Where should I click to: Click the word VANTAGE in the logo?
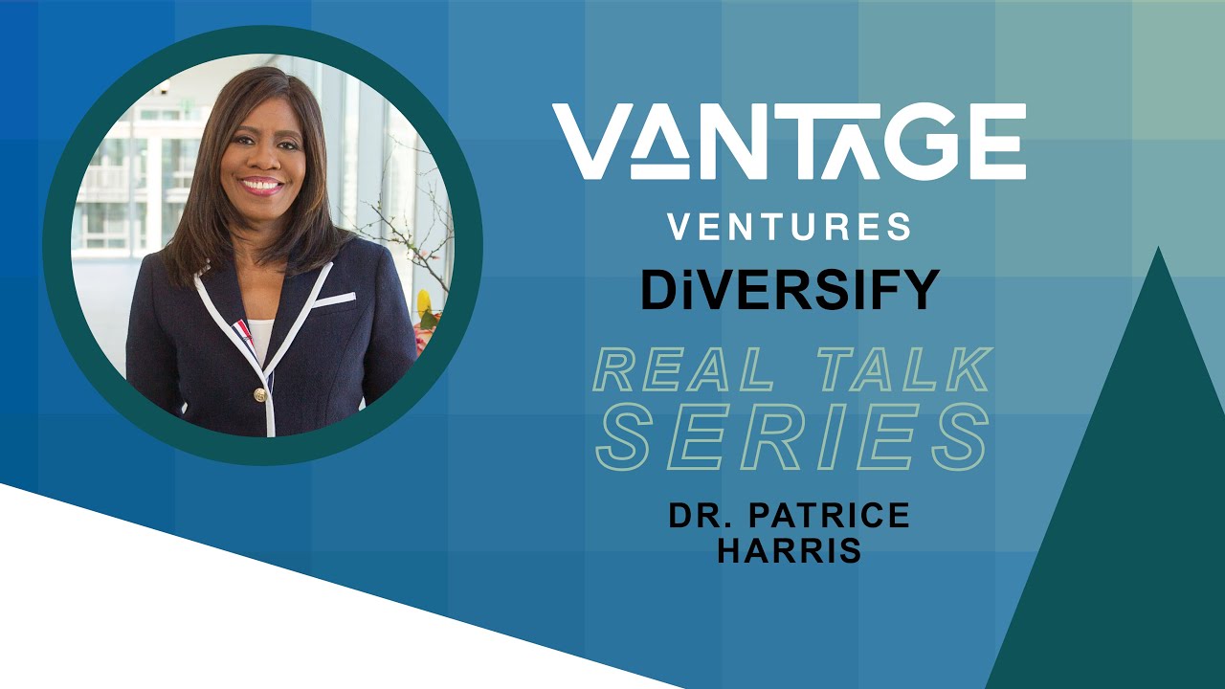coord(789,142)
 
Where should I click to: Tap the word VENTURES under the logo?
coord(789,227)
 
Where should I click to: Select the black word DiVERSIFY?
coord(790,290)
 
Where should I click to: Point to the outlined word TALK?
coord(894,371)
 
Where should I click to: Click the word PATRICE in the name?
coord(831,515)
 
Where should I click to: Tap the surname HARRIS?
coord(790,552)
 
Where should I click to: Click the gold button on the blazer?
coord(258,394)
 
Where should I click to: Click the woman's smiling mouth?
coord(261,184)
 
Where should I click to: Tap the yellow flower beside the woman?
coord(424,305)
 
